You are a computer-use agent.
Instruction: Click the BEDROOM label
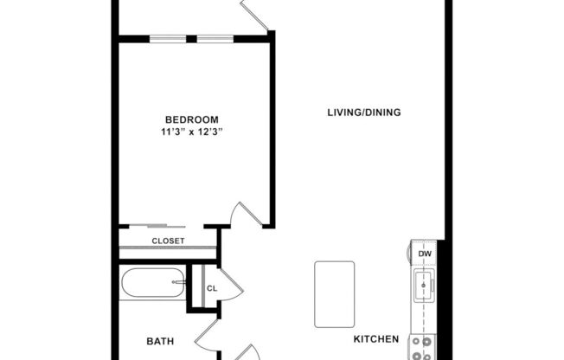point(191,119)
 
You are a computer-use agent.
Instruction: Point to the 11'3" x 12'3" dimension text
point(198,132)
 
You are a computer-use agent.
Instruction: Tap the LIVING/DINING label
point(363,112)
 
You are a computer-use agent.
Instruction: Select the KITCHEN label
point(375,339)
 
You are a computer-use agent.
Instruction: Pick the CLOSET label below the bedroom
point(168,241)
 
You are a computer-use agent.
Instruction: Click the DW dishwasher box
point(425,253)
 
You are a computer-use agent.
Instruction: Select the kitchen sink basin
point(424,284)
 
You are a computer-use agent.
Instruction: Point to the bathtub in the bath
point(152,285)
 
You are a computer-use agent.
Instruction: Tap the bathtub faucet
point(179,281)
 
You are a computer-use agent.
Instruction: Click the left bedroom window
point(163,38)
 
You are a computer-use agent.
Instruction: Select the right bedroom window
point(215,38)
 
